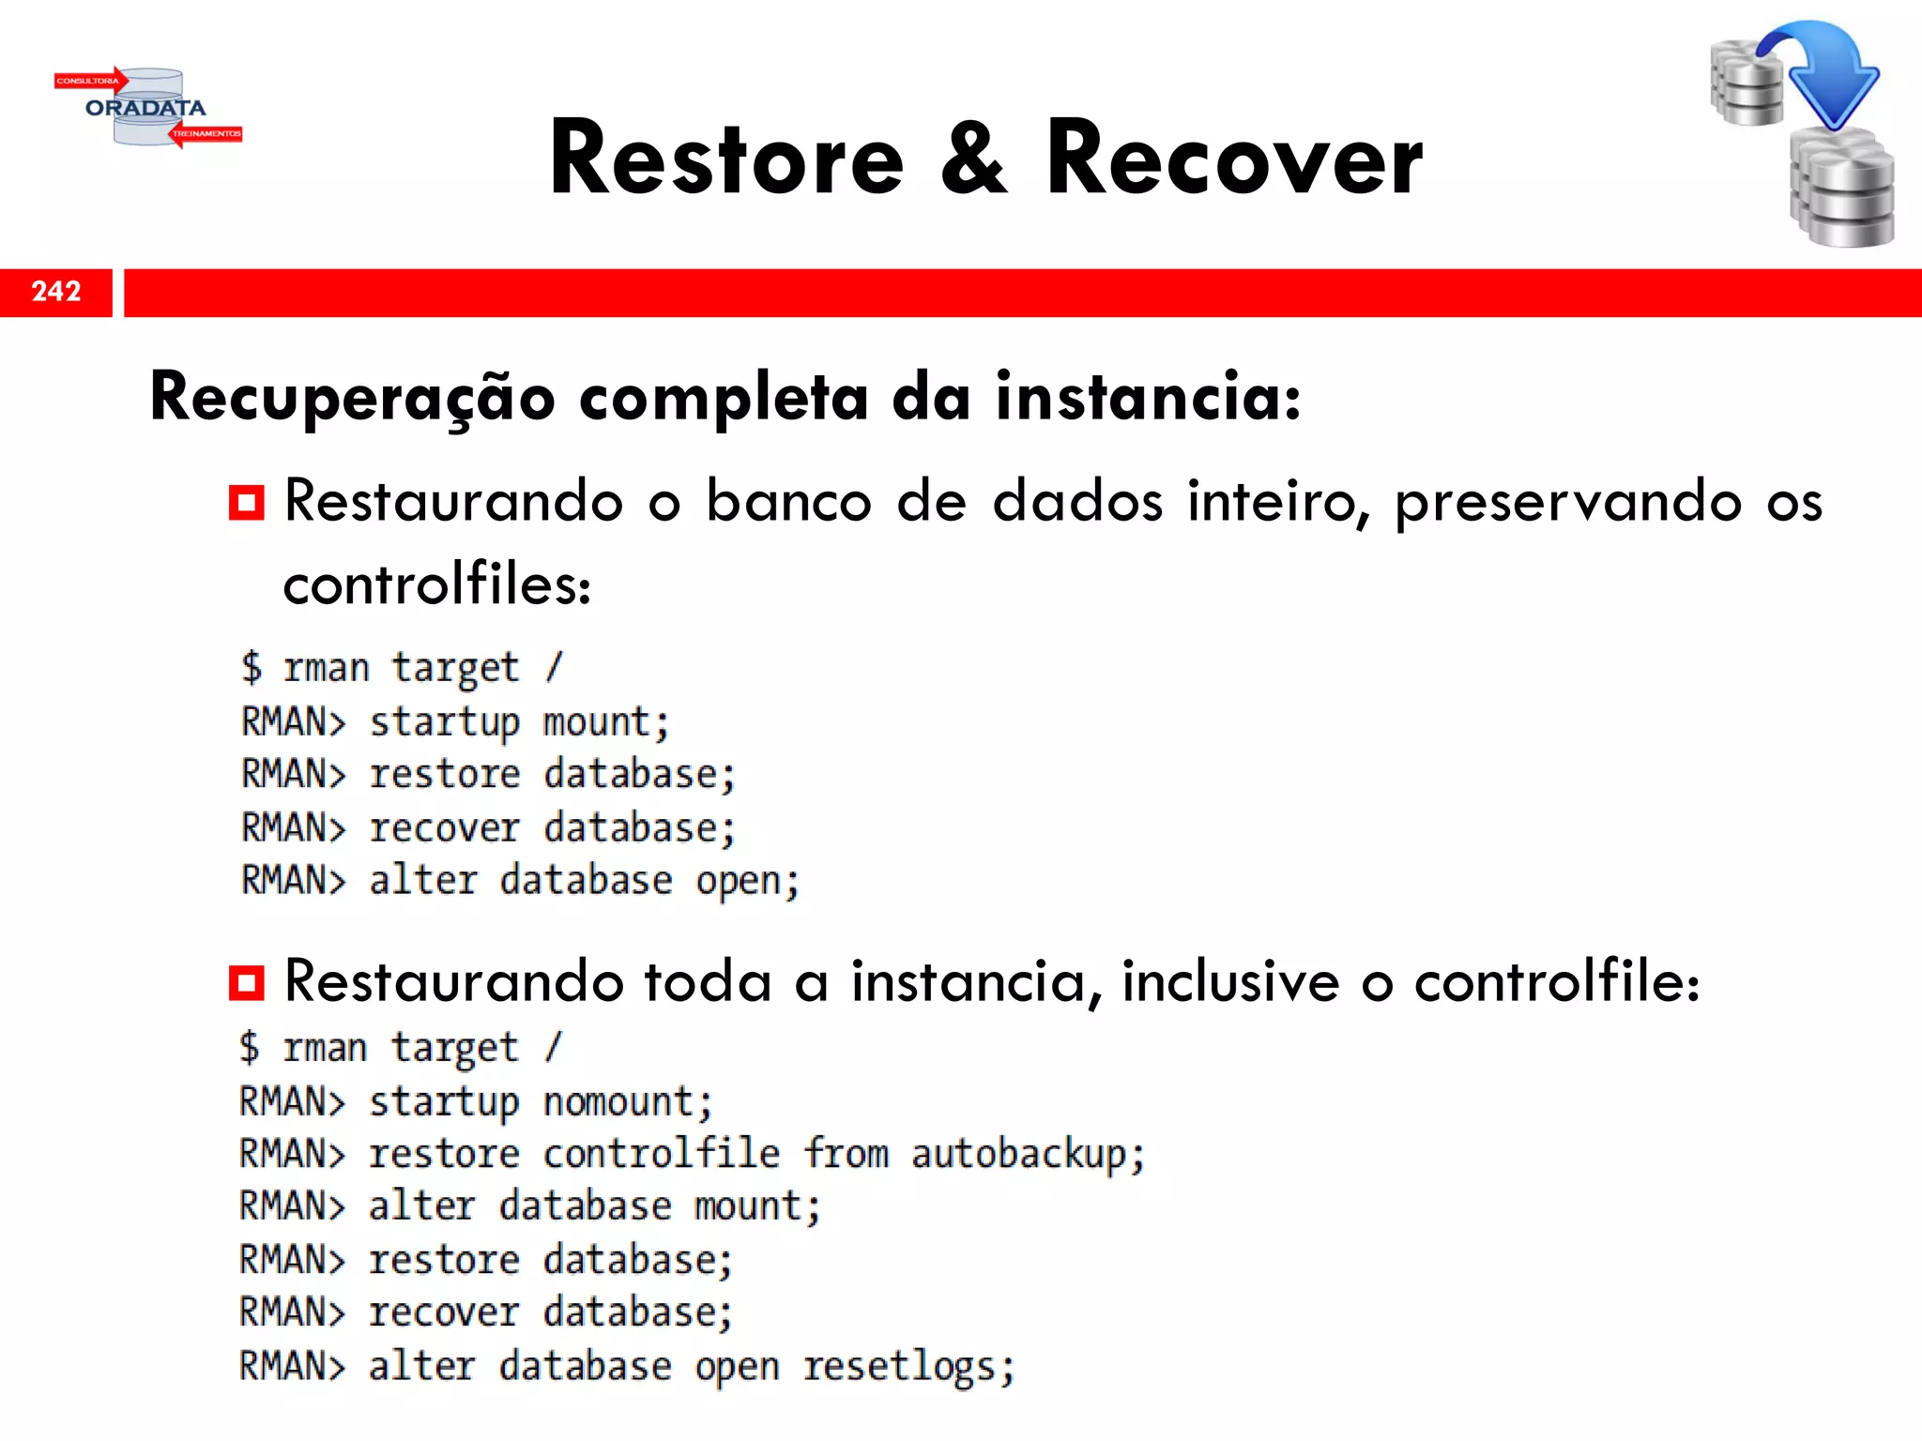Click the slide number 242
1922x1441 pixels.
coord(56,292)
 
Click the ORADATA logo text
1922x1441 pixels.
coord(145,108)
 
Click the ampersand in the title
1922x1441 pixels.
coord(974,159)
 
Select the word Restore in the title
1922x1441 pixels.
coord(727,159)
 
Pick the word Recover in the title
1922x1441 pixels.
coord(1234,159)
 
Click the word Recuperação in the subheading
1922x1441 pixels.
coord(353,398)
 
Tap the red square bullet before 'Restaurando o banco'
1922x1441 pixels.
coord(247,503)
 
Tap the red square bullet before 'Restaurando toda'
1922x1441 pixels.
coord(247,983)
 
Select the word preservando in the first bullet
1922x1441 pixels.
coord(1568,502)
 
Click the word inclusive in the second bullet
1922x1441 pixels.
coord(1230,982)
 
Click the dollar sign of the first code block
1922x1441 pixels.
coord(252,667)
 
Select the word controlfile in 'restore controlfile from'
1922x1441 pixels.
coord(662,1154)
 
